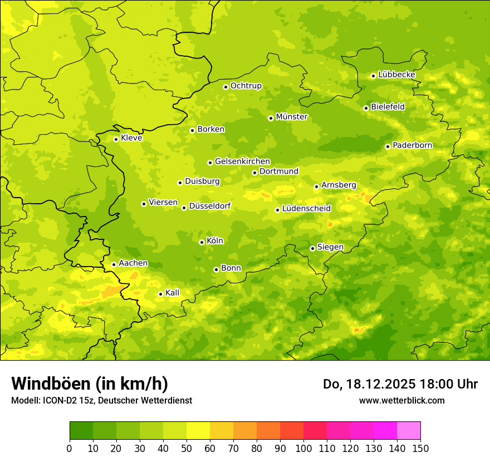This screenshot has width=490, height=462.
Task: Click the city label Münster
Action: coord(292,117)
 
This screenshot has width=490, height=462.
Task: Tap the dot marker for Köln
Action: coord(202,242)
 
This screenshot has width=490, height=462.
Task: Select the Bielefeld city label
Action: coord(388,106)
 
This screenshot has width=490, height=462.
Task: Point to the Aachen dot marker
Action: coord(114,264)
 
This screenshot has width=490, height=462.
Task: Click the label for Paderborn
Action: coord(412,145)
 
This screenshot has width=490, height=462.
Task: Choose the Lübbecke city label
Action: coord(396,75)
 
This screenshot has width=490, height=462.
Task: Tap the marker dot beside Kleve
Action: coord(116,139)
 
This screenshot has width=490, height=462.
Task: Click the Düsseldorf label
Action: coord(210,206)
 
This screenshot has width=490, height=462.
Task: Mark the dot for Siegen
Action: coord(312,248)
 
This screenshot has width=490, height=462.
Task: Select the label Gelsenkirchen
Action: coord(242,161)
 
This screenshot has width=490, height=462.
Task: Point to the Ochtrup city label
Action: coord(246,86)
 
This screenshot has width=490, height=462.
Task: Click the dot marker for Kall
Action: coord(160,294)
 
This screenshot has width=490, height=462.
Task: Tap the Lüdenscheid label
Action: coord(306,209)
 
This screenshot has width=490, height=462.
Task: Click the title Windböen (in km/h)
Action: coord(90,384)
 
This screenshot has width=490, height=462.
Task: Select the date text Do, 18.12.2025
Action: coord(369,384)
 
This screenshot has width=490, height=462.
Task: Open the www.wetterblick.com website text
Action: coord(401,400)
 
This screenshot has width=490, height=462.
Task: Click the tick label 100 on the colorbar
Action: coord(303,448)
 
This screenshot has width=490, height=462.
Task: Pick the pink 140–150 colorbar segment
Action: coord(409,431)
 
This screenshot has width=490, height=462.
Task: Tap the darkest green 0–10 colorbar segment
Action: coord(81,431)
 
